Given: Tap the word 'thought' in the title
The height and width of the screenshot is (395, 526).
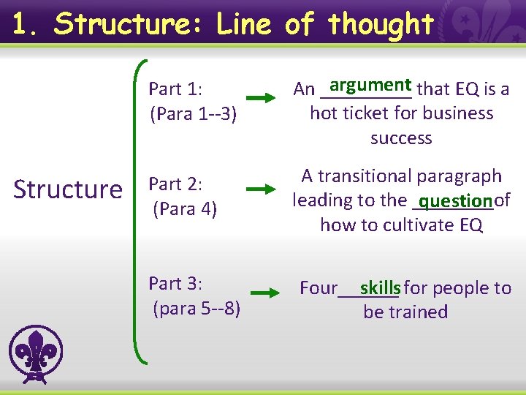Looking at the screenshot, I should [381, 25].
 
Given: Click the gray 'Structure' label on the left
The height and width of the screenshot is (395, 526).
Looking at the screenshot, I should [68, 189].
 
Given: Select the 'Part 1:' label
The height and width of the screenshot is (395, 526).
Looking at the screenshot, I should [175, 89].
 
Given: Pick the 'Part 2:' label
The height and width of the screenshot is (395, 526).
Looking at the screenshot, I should [175, 184].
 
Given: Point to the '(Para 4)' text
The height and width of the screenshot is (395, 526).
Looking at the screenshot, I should [185, 208].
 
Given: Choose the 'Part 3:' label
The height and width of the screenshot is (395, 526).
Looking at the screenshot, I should [175, 283].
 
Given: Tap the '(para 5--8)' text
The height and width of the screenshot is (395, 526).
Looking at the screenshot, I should [196, 308].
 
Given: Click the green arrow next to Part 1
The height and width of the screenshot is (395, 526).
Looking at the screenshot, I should [265, 97].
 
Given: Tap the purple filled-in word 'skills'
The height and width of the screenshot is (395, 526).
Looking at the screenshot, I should [380, 287].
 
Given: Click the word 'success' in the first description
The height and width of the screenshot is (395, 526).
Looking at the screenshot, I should [401, 138].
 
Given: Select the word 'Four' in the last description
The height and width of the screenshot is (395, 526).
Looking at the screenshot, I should [319, 288].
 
